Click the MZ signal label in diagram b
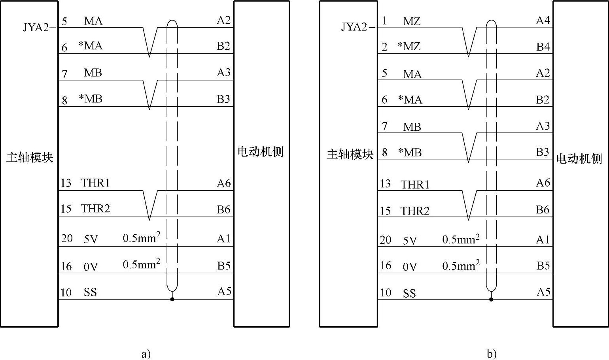tap(411, 21)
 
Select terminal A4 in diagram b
tap(543, 20)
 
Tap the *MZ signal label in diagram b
tap(409, 47)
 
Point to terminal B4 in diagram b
tap(543, 47)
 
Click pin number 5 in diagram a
tap(64, 21)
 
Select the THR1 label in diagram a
tap(95, 183)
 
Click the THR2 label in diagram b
tap(415, 211)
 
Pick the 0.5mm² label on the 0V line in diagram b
tap(461, 265)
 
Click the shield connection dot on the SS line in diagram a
tap(172, 299)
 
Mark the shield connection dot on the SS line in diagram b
tap(491, 299)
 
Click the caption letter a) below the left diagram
tap(146, 354)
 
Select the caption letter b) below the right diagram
tap(492, 354)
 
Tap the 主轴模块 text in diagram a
tap(30, 157)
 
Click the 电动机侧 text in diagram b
tap(579, 159)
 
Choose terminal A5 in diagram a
tap(224, 291)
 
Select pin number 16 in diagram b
tap(386, 265)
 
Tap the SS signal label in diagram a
tap(90, 292)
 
